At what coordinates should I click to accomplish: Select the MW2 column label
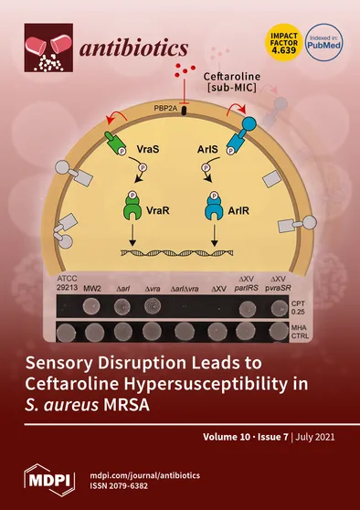coord(92,289)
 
